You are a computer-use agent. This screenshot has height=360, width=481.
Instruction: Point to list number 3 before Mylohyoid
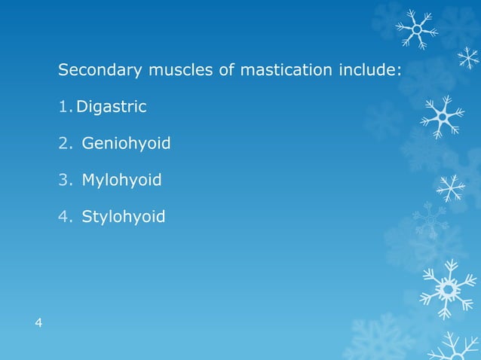(x=63, y=181)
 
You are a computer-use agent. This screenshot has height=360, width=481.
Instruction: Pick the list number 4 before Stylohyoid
(x=63, y=218)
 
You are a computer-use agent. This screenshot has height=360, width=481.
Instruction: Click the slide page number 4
(x=38, y=324)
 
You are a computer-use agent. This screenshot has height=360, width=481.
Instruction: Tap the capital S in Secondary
(x=63, y=72)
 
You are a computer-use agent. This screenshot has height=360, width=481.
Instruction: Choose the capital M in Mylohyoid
(x=87, y=181)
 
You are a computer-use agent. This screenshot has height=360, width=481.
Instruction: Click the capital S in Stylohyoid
(x=87, y=218)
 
